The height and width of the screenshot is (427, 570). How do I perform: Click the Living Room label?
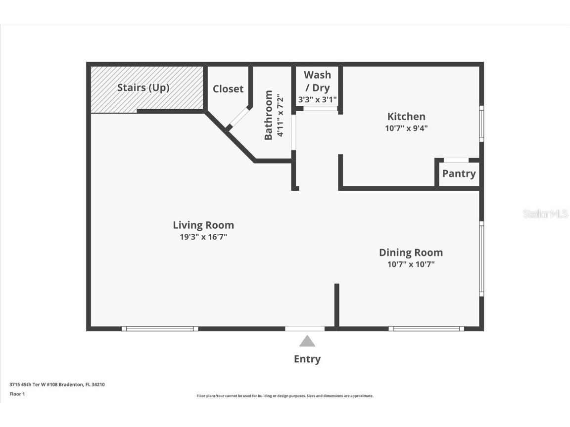tap(203, 225)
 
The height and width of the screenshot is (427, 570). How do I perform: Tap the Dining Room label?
tap(411, 253)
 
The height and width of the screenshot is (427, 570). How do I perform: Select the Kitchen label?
tap(406, 117)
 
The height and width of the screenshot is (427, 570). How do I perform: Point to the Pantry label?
tap(459, 173)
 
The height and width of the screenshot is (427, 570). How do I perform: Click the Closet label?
tap(228, 89)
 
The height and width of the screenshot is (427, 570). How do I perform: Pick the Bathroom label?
tap(269, 115)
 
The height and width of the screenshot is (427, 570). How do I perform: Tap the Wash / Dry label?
tap(317, 81)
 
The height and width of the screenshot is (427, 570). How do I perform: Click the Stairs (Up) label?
tap(143, 88)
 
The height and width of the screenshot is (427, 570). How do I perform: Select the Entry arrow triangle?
tap(307, 342)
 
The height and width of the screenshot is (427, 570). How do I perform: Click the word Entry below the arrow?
tap(307, 359)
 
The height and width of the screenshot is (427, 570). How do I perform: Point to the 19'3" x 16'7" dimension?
tap(203, 237)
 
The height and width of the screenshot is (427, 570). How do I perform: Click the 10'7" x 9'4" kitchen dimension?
tap(406, 128)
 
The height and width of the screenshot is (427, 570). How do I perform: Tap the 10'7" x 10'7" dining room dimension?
tap(411, 264)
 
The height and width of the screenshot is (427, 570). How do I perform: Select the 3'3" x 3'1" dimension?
tap(317, 99)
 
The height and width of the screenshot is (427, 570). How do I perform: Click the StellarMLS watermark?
tap(546, 214)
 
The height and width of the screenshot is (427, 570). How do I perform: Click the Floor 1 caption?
tap(17, 394)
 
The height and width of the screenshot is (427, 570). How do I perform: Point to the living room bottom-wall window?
tap(160, 329)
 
